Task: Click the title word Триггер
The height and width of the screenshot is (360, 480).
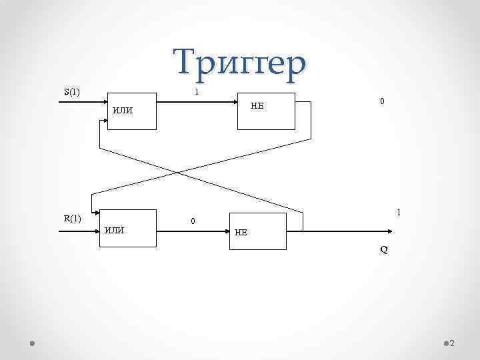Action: pyautogui.click(x=241, y=63)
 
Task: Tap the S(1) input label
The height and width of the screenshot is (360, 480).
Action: pyautogui.click(x=71, y=92)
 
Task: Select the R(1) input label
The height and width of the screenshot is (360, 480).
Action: pyautogui.click(x=72, y=218)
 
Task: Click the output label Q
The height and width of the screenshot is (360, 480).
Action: pyautogui.click(x=384, y=251)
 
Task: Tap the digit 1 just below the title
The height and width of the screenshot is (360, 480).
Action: pyautogui.click(x=195, y=92)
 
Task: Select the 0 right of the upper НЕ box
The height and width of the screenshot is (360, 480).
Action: pyautogui.click(x=381, y=101)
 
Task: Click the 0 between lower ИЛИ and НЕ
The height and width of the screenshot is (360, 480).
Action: pyautogui.click(x=193, y=221)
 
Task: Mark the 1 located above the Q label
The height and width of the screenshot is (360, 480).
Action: pyautogui.click(x=398, y=213)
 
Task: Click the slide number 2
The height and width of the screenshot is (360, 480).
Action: pyautogui.click(x=452, y=343)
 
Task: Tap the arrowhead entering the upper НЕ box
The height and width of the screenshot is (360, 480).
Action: pyautogui.click(x=237, y=103)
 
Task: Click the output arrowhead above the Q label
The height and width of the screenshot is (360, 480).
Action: pyautogui.click(x=389, y=231)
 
